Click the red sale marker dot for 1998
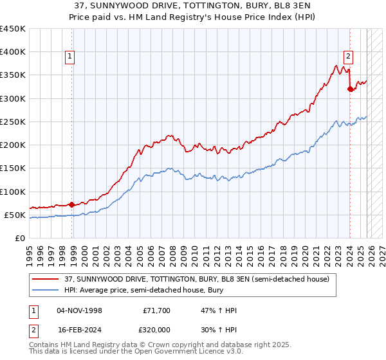71,205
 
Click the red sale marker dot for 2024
350,89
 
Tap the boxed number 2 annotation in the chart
347,56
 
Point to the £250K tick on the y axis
13,122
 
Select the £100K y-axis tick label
13,192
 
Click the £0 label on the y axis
19,238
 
